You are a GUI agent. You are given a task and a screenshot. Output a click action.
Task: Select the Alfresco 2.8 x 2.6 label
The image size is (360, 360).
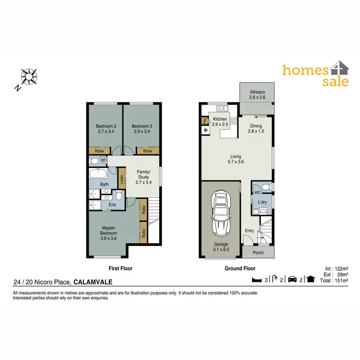click(x=257, y=95)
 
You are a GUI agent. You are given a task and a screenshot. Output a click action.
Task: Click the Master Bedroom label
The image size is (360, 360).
click(x=108, y=233)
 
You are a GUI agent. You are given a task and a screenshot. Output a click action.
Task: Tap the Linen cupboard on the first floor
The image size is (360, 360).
click(x=122, y=180)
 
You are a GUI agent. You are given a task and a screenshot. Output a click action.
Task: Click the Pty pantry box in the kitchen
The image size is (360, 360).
click(x=204, y=120)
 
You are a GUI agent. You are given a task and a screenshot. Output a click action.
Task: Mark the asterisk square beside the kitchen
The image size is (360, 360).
click(x=206, y=130)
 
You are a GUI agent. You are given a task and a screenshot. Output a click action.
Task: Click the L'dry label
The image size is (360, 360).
click(x=262, y=202)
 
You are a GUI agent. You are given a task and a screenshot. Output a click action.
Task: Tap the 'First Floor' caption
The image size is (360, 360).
click(x=120, y=269)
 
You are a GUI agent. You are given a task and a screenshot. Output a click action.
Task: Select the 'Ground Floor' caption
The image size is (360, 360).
click(x=240, y=269)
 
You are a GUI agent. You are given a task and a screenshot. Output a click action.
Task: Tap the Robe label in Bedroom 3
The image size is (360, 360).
click(x=147, y=151)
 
